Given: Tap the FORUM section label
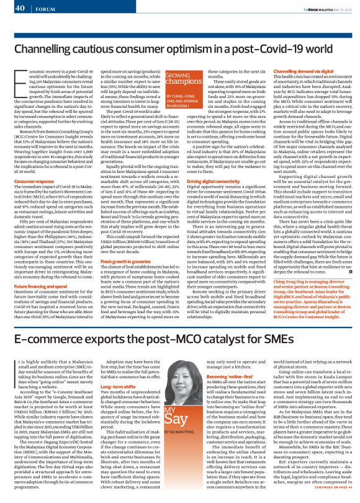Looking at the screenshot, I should [43, 9].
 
